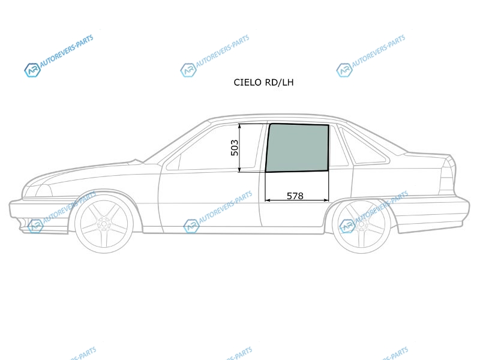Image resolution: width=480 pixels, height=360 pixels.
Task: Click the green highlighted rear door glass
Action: coord(297,148)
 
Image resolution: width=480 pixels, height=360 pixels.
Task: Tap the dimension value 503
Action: coord(234,148)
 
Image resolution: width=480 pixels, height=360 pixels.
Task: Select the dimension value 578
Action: coord(295,196)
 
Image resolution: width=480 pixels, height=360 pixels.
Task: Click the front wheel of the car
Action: coord(104,224)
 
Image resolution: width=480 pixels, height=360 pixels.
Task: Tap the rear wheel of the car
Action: coord(361,224)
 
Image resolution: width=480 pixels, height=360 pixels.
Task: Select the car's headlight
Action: coord(38,190)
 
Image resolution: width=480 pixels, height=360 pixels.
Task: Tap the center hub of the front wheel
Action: coord(104,224)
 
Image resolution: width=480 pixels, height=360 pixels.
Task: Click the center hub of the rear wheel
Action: coord(361,224)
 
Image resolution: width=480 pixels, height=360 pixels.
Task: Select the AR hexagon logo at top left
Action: coord(32,70)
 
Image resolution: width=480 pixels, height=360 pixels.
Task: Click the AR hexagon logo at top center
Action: coord(188,70)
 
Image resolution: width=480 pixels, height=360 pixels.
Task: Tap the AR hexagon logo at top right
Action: coord(344,70)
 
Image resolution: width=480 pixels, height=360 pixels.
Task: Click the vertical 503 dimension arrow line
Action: coord(239,148)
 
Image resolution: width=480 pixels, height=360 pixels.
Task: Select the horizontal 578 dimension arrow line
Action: coord(296,200)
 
